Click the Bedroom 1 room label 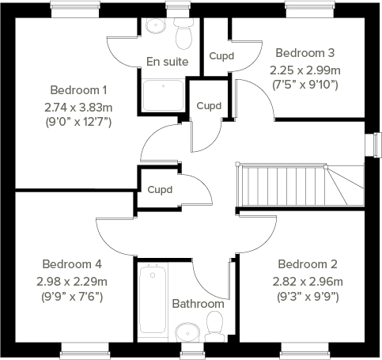(x=78, y=89)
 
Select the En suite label (x=167, y=61)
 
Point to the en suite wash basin (x=155, y=26)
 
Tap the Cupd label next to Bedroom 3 (x=221, y=56)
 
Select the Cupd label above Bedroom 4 (x=161, y=189)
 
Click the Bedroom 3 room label (x=304, y=53)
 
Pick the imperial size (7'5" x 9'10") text (x=304, y=84)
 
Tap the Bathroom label (x=198, y=304)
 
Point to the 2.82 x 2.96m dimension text (x=308, y=281)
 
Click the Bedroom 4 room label (x=72, y=264)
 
